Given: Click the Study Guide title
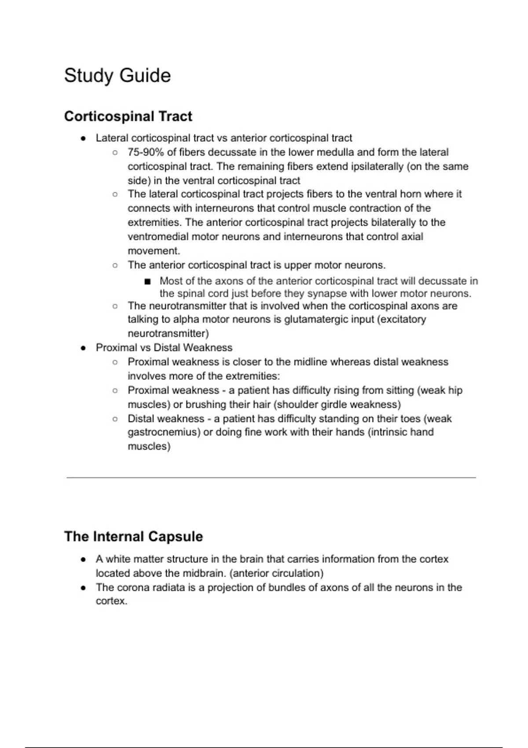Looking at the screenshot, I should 117,76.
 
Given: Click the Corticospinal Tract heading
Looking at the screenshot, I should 128,117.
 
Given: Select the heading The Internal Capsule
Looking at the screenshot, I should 133,537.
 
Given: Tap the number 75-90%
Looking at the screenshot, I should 146,152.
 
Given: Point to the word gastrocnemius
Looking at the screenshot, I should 164,433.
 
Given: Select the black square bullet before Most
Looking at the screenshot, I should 147,281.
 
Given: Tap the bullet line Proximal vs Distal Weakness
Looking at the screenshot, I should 164,348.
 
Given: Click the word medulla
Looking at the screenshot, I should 337,152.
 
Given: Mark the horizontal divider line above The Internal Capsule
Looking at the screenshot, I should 271,477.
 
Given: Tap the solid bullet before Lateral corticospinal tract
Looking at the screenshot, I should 83,138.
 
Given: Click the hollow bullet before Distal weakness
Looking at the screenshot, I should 115,419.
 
